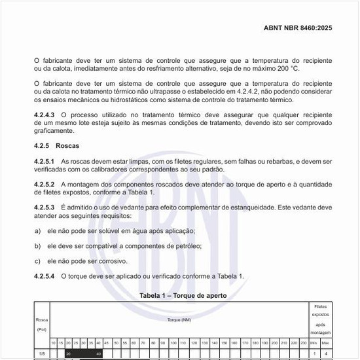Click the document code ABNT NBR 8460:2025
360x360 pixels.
tap(298, 29)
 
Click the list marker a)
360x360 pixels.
tap(37, 231)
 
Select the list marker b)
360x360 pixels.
tap(37, 246)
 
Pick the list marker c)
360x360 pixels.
tap(37, 261)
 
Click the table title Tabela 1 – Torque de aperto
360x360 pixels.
tap(183, 296)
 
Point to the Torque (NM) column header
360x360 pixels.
tap(179, 319)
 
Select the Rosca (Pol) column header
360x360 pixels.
tap(42, 324)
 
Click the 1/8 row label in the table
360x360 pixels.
tap(42, 354)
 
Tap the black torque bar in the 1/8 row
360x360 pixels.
tap(82, 354)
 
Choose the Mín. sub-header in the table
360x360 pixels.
tap(314, 343)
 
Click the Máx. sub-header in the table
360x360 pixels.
tap(325, 343)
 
